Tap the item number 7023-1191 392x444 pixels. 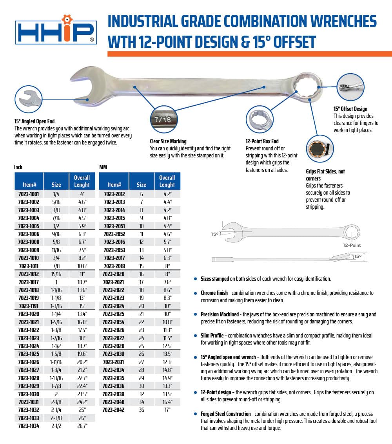point(29,306)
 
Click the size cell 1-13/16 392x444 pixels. point(56,378)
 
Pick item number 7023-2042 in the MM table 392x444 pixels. point(114,410)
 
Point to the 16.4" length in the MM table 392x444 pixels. point(167,402)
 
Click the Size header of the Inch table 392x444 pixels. point(56,185)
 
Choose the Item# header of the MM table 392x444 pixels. point(114,185)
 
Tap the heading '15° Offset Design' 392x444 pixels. point(350,109)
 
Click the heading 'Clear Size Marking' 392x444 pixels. point(168,141)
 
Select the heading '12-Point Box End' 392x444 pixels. point(262,141)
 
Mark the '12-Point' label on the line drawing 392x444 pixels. point(351,245)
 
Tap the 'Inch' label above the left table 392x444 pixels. point(18,167)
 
